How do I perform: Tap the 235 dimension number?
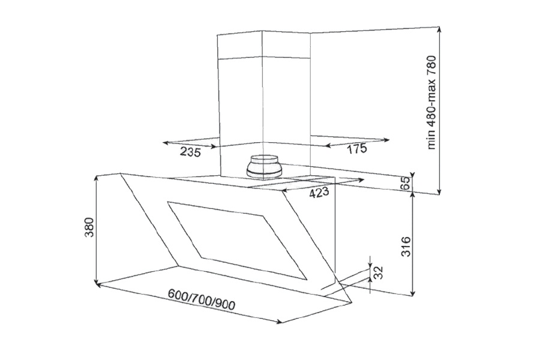point(190,152)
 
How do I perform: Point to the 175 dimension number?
point(356,149)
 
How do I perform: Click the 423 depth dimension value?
point(319,193)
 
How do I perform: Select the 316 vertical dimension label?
point(406,246)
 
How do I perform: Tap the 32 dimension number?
point(378,272)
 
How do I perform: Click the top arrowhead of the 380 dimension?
point(97,178)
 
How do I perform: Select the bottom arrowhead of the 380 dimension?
point(97,282)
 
